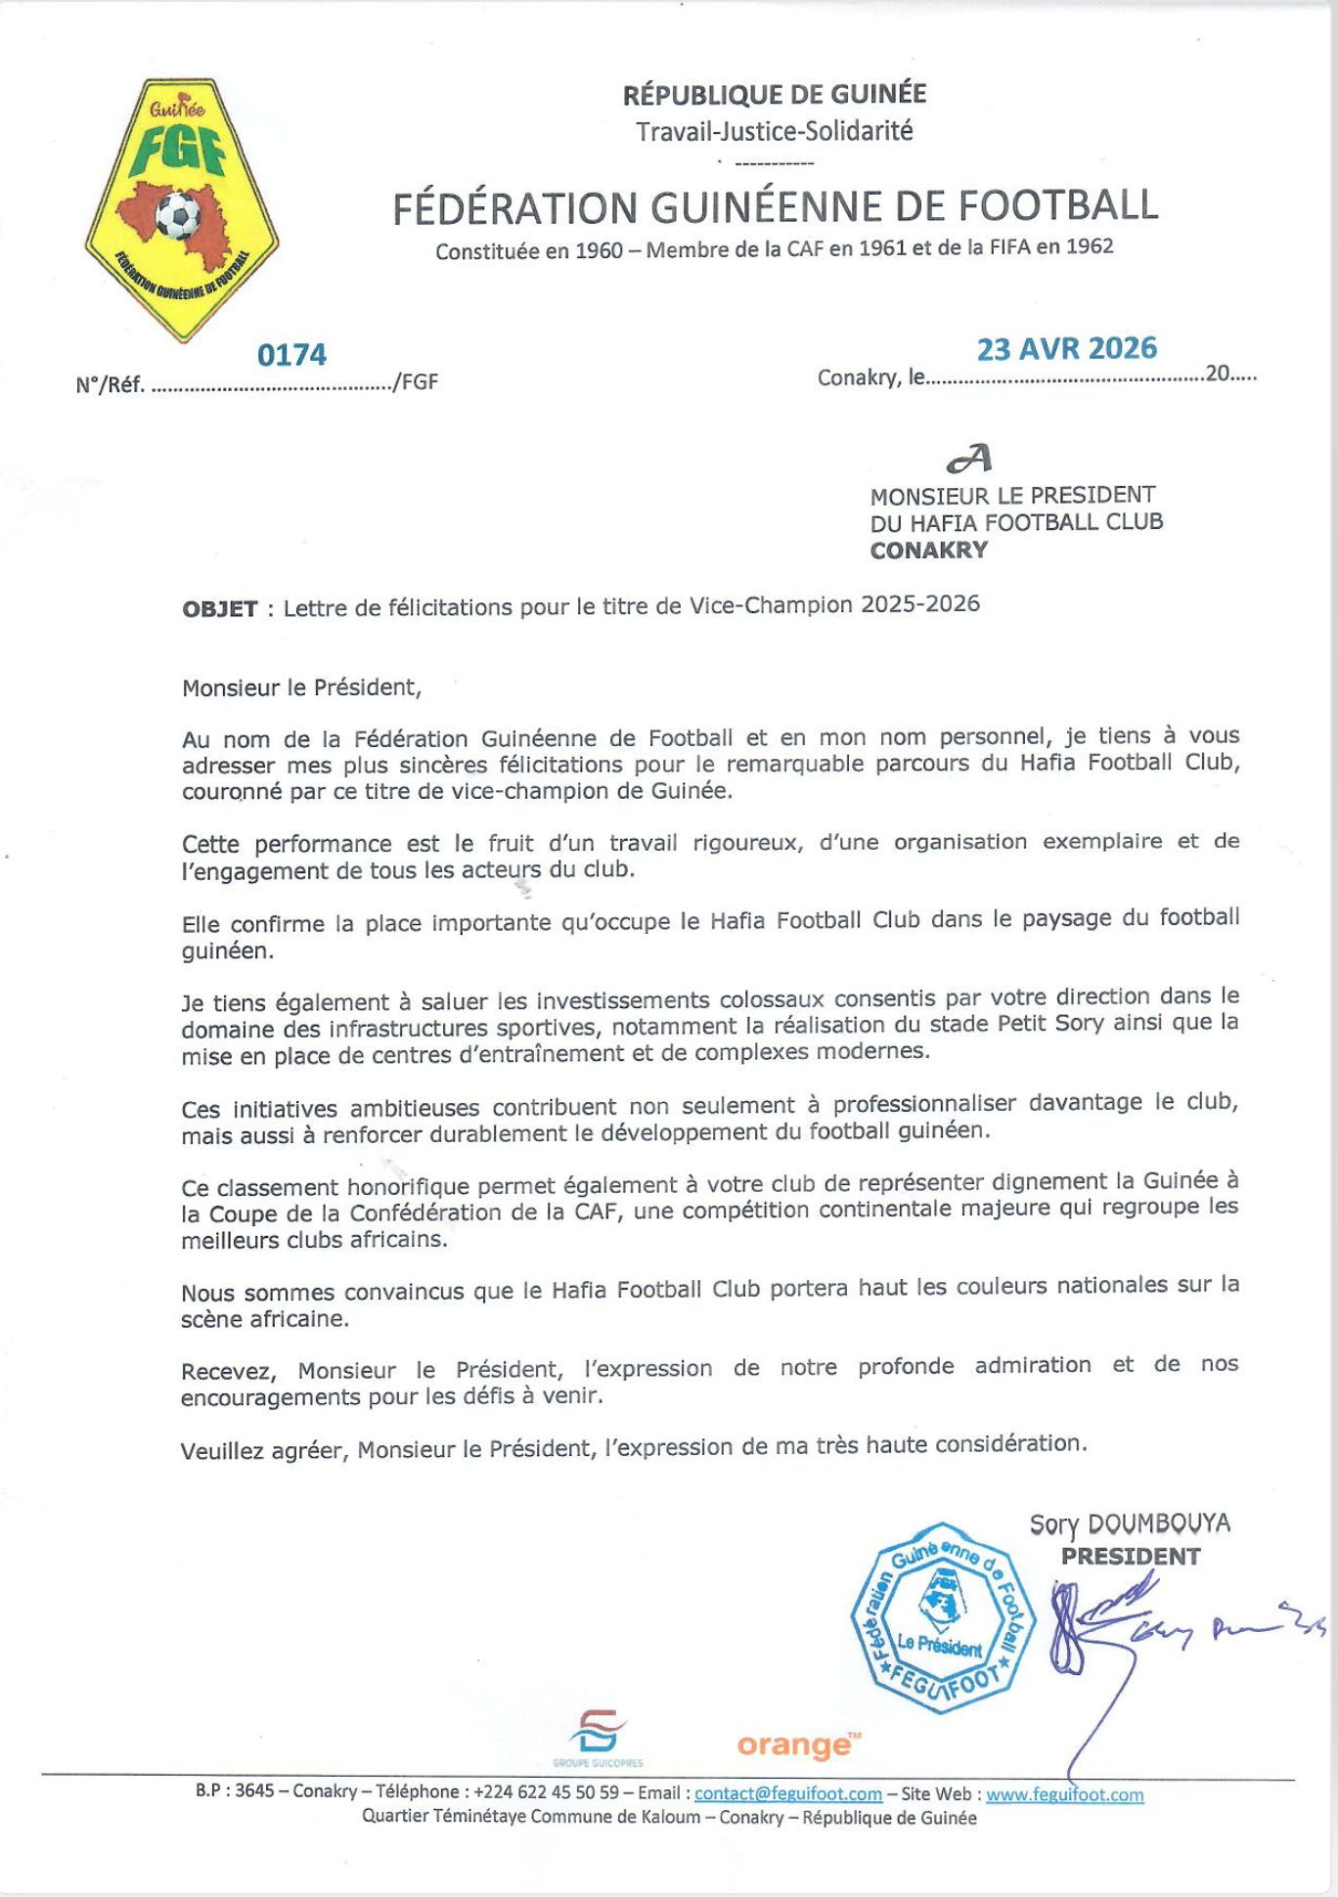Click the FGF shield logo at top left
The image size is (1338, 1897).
point(181,210)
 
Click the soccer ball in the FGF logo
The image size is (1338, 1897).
point(177,215)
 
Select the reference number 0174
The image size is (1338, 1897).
point(291,354)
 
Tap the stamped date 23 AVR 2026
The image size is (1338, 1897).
point(1066,349)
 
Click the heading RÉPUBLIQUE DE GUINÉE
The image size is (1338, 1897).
point(775,95)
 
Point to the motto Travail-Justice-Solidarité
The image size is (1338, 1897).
point(774,131)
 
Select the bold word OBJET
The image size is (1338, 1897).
point(220,609)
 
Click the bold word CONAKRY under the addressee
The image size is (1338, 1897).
point(929,550)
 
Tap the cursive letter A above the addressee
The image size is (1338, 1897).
point(969,459)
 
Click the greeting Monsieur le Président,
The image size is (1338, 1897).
point(301,687)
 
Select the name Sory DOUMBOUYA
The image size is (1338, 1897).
point(1130,1523)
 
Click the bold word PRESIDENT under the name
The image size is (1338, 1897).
point(1131,1556)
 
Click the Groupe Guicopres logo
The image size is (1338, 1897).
point(598,1737)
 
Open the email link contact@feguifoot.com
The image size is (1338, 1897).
point(788,1794)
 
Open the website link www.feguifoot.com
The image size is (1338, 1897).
point(1064,1794)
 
